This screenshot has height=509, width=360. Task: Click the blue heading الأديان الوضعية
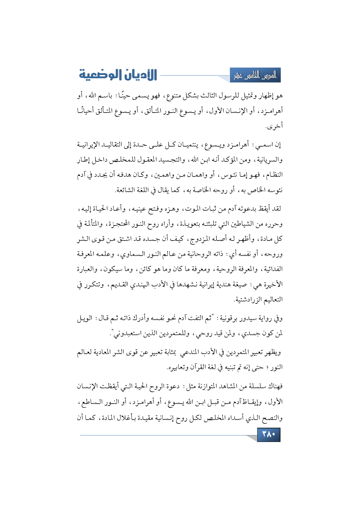coord(118,75)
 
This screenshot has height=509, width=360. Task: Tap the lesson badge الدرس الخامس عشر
coord(255,75)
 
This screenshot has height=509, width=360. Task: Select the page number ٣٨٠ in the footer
coord(269,434)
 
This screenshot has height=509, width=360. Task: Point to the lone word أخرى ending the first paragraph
coord(274,126)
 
